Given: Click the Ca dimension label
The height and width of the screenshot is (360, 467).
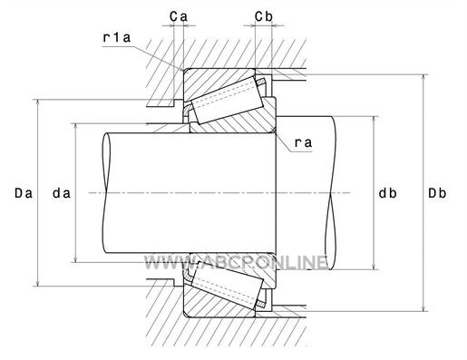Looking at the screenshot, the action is pos(179,17).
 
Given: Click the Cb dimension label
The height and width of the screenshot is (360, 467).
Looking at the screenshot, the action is pos(264,17).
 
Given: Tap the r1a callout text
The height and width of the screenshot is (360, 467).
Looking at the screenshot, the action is pos(117,37).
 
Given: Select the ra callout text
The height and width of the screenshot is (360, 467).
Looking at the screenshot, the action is pos(303,142).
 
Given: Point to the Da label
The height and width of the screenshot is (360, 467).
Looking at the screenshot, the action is pos(24,193).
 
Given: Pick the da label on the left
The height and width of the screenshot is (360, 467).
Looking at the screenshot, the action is pos(62,193).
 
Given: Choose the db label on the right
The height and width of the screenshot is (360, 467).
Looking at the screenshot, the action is pos(388,193).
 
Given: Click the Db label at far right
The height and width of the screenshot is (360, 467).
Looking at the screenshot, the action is pos(437,193).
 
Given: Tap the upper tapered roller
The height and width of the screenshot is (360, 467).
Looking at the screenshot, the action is pos(229,100).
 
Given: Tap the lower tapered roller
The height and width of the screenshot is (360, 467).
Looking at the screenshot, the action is pos(229,285).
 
